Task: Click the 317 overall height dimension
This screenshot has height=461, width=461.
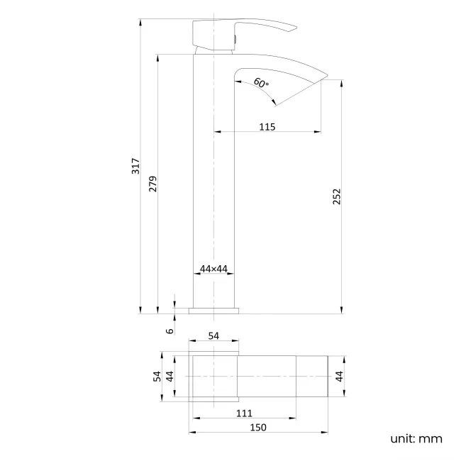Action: click(x=135, y=167)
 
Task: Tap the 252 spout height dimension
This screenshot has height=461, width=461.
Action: click(x=337, y=196)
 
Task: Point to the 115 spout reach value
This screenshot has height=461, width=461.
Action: click(x=267, y=126)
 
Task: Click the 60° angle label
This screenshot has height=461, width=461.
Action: click(x=261, y=83)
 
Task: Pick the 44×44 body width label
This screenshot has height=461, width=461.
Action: click(x=213, y=268)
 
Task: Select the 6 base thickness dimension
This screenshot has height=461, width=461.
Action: click(x=170, y=331)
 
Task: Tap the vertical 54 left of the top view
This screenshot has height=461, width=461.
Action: click(x=157, y=376)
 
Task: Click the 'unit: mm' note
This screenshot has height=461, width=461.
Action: click(x=416, y=438)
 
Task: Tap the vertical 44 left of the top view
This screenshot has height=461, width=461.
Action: click(x=170, y=376)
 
